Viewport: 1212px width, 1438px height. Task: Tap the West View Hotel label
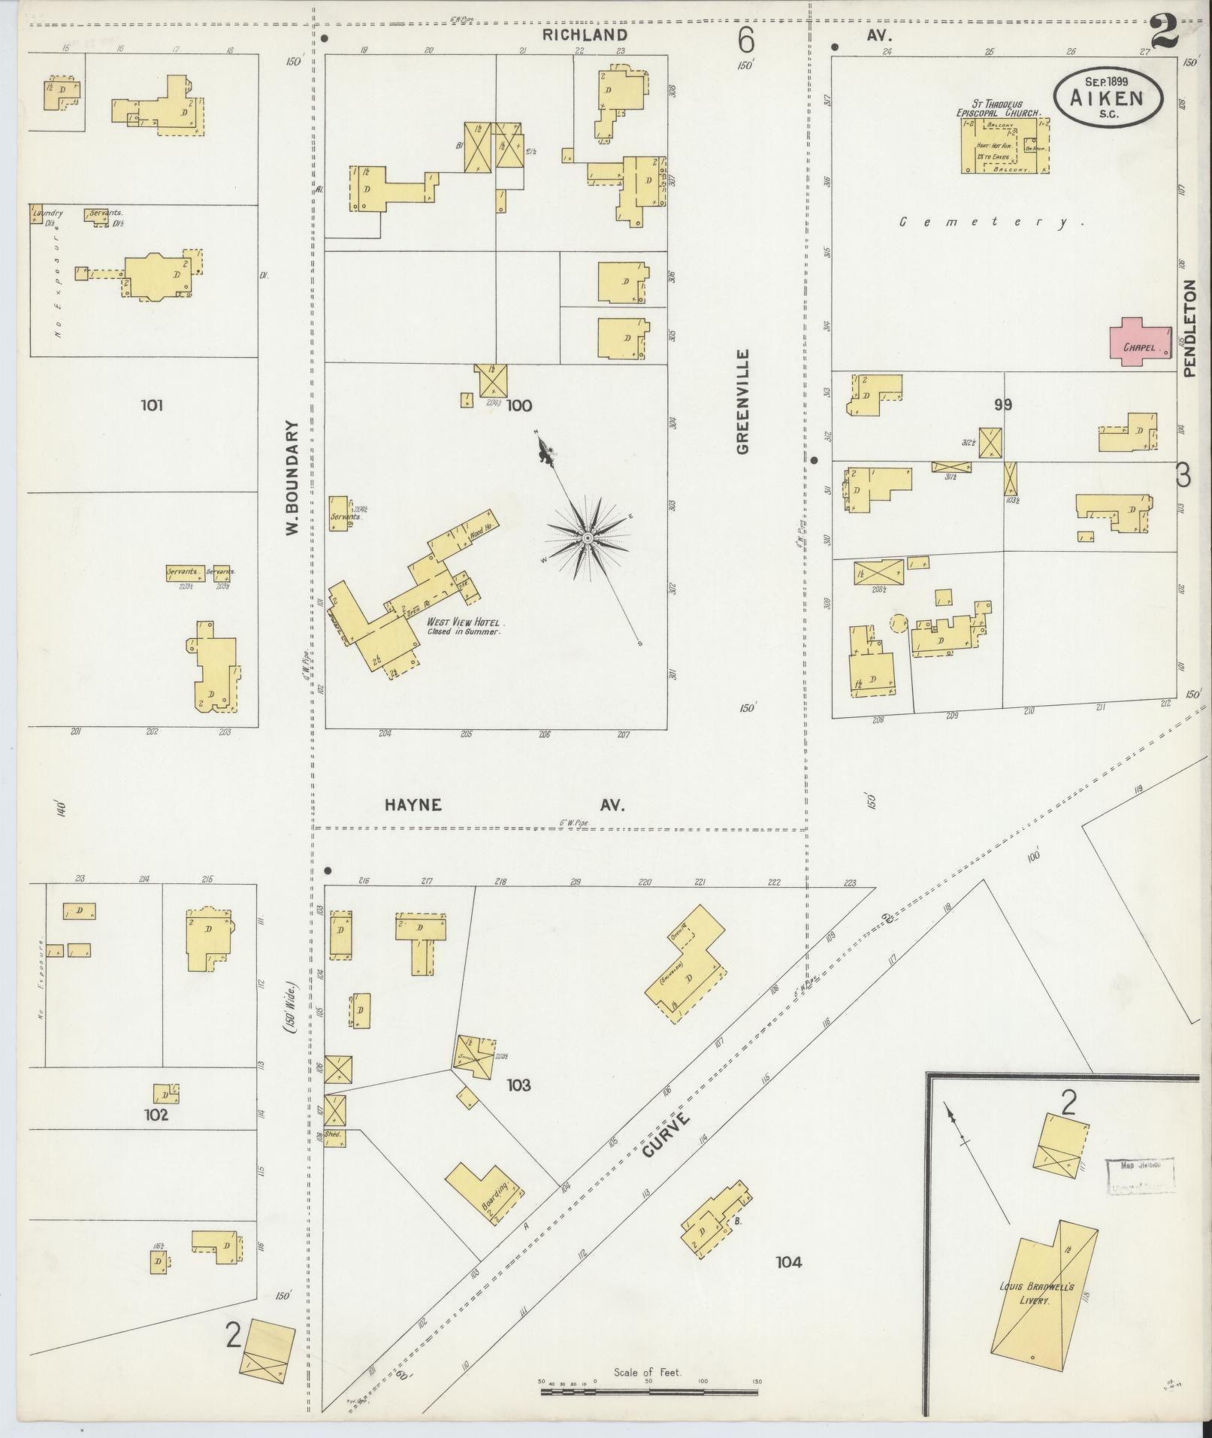coord(464,622)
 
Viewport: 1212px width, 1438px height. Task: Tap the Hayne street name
coord(413,805)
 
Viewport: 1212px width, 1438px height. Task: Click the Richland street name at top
coord(585,35)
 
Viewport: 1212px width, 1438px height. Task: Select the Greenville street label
coord(743,401)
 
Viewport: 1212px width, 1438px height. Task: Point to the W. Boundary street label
coord(292,477)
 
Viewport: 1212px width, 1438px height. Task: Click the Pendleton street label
coord(1189,328)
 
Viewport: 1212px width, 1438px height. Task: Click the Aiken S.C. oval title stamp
coord(1108,98)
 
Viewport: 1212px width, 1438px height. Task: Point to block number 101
coord(152,406)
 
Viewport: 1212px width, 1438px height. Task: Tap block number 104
coord(789,1261)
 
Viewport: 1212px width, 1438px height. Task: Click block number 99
coord(1002,405)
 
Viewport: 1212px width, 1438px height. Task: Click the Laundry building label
coord(48,213)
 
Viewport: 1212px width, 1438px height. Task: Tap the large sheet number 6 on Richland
coord(745,38)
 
